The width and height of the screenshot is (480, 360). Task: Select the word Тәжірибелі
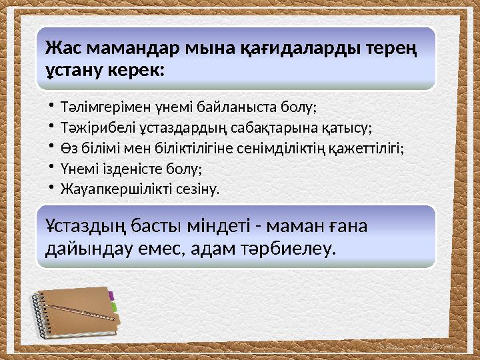[89, 127]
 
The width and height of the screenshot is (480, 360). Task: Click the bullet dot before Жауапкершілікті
[51, 188]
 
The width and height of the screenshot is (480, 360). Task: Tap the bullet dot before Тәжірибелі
[51, 126]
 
